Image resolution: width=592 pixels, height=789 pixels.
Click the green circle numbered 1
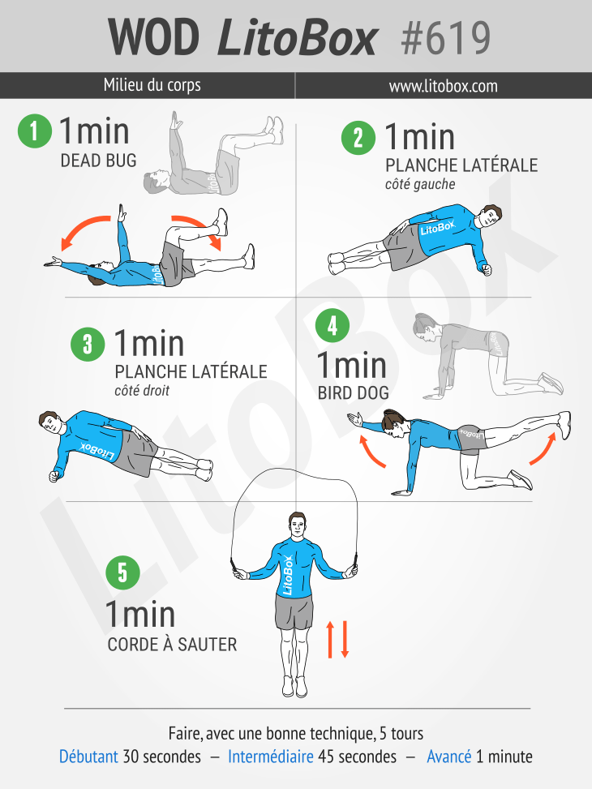coord(35,131)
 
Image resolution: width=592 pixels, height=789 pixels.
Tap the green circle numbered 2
coord(358,137)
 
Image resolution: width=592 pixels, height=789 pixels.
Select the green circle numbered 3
coord(88,344)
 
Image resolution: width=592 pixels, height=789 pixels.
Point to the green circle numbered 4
coord(332,325)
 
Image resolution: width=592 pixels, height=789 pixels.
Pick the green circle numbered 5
coord(122,572)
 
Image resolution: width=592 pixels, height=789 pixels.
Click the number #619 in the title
coord(445,38)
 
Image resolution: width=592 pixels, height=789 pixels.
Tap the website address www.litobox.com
coord(443,86)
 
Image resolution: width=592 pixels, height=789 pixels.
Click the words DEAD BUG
coord(99,161)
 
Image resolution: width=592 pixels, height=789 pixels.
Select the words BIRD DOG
coord(354,393)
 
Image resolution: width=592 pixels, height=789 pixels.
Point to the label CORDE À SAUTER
coord(172,644)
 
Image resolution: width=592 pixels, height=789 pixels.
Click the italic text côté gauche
coord(420,185)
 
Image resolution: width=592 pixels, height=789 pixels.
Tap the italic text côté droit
coord(142,391)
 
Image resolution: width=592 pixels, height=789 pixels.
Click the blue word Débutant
coord(88,757)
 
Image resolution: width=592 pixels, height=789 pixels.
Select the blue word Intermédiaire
coord(271,757)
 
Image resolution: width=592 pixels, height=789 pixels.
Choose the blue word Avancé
coord(449,757)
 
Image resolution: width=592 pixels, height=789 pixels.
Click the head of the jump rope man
coord(298,525)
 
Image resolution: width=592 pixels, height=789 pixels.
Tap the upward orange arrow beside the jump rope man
coord(330,639)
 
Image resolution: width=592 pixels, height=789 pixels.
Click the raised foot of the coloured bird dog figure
coord(564,424)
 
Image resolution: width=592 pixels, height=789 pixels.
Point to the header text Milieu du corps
coord(152,85)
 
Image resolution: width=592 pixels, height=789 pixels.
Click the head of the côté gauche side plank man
coord(489,217)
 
